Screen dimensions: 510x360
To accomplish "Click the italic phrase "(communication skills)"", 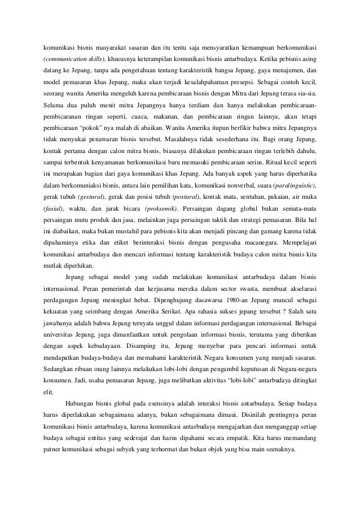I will pyautogui.click(x=71, y=58).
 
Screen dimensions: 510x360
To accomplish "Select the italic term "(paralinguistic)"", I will pyautogui.click(x=294, y=186).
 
